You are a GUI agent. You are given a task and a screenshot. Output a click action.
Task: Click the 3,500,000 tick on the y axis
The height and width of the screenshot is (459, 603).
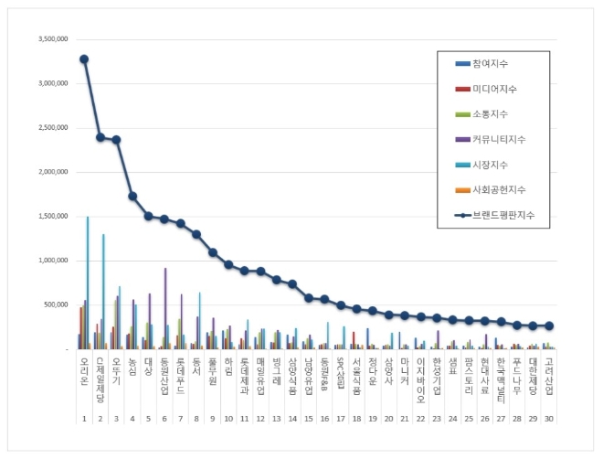(x=52, y=39)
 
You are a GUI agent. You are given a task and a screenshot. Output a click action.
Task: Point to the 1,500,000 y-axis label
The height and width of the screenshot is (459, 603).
(x=52, y=217)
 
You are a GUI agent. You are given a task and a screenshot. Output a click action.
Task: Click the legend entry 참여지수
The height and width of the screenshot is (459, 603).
(x=492, y=63)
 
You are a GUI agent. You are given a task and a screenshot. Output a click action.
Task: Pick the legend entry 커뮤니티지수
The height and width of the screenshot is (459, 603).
(x=499, y=140)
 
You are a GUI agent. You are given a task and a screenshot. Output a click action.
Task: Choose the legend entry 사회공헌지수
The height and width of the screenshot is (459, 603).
(x=499, y=190)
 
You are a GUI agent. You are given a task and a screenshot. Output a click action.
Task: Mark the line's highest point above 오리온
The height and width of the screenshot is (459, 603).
(x=84, y=59)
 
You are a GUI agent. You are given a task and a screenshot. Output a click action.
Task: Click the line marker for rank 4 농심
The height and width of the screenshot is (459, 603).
(x=132, y=196)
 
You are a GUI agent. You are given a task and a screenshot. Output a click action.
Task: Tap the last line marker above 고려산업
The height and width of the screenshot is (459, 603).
(x=549, y=326)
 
